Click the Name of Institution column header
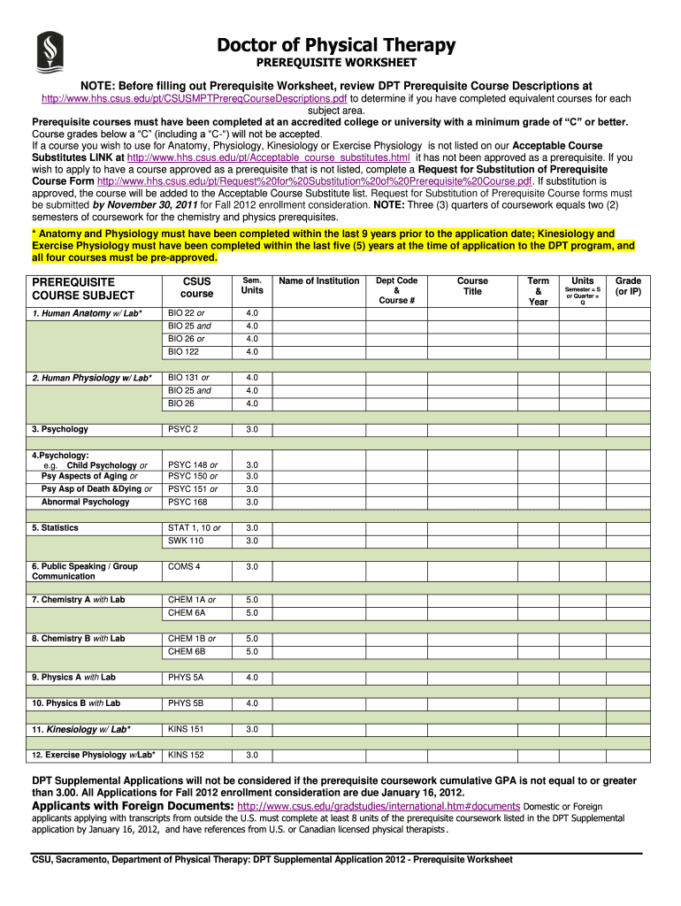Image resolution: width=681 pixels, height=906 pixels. click(x=319, y=281)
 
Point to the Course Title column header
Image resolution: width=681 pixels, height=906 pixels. click(x=472, y=287)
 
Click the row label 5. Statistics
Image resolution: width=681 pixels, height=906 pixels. click(x=56, y=528)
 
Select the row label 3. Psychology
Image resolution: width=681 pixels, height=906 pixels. click(x=60, y=429)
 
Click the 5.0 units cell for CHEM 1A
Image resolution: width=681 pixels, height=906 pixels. click(x=252, y=600)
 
